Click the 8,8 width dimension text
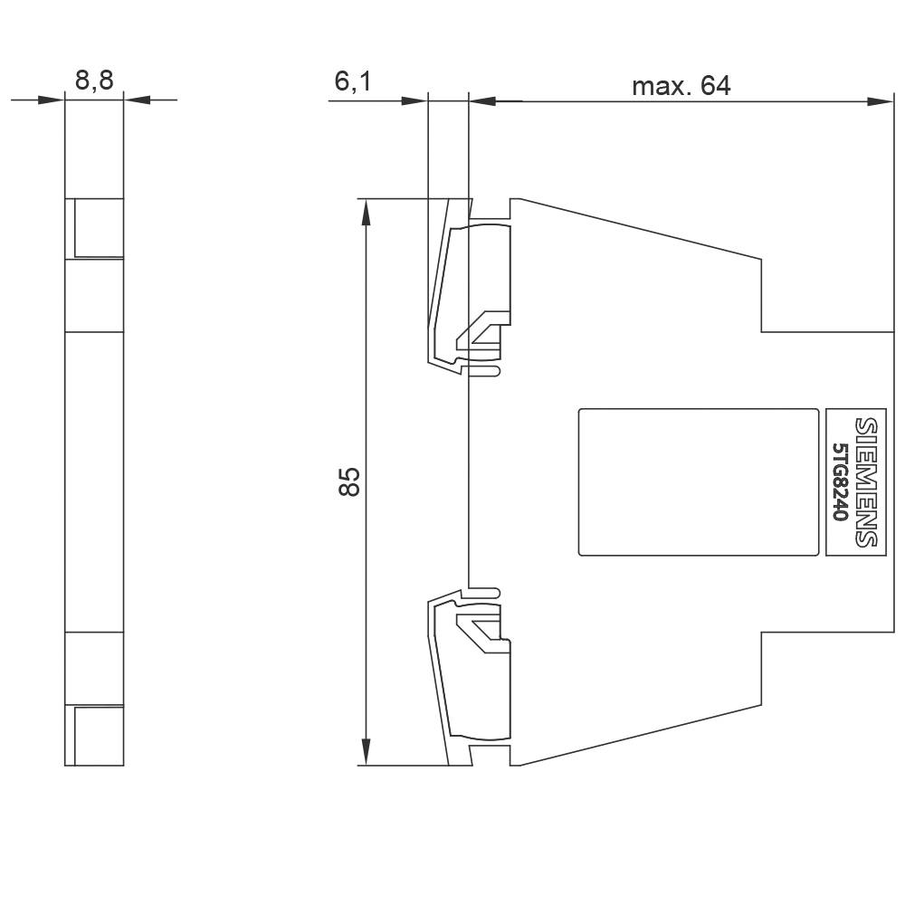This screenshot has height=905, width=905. coord(94,81)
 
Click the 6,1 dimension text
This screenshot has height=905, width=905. coord(353,81)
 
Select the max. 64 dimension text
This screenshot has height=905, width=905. coord(681,86)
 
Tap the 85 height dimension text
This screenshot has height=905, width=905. coord(349,481)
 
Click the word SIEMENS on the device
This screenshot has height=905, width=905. coord(866,481)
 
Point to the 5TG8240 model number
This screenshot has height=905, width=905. coord(840,481)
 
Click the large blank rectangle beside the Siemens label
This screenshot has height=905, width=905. coord(698,481)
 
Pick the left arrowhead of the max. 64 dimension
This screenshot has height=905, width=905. coord(482,100)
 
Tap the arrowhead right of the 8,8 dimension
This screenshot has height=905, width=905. coord(136,100)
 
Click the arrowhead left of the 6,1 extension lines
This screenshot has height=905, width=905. coord(413,100)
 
